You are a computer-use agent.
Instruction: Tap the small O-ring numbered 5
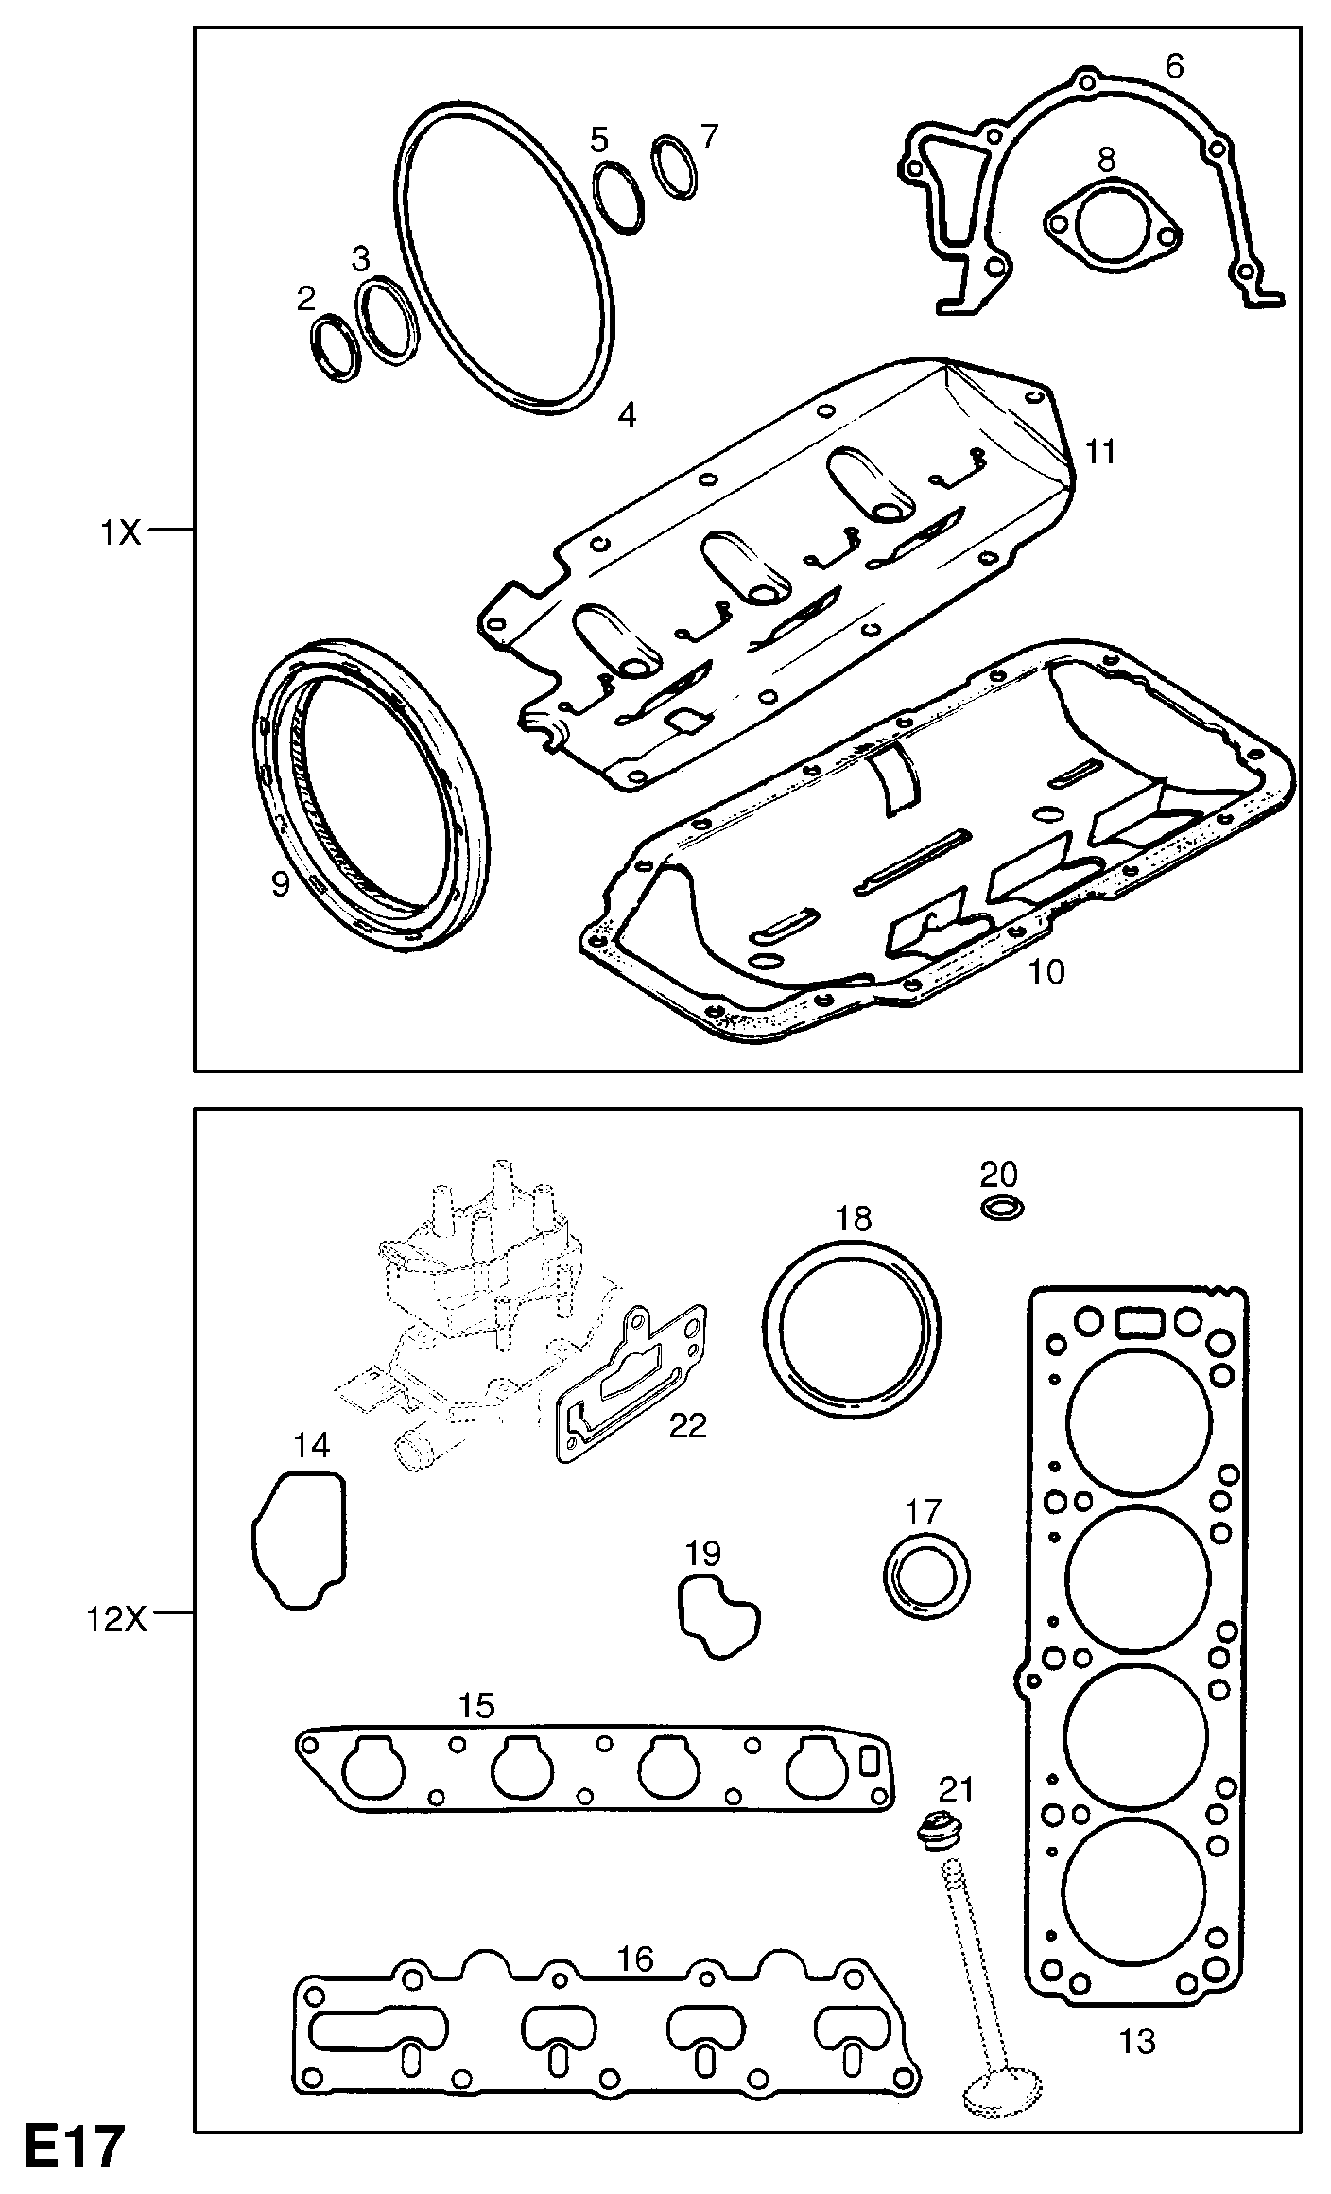tap(619, 197)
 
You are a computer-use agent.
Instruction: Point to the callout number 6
tap(1174, 66)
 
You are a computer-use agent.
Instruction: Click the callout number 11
tap(1101, 452)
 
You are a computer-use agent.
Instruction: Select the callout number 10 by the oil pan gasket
tap(1046, 971)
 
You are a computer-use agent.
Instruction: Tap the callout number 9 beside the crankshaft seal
tap(280, 885)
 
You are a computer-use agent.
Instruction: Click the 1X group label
tap(121, 533)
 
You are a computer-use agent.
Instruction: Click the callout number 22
tap(687, 1426)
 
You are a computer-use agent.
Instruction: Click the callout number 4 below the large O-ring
tap(627, 414)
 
